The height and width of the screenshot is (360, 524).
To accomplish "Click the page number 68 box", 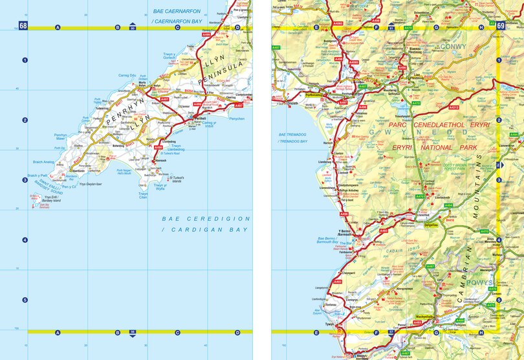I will click(x=23, y=26).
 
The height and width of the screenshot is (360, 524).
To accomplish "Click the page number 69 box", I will click(x=501, y=26).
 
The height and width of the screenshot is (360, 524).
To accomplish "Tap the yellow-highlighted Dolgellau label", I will click(x=430, y=225).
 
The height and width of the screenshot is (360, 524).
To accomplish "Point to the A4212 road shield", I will click(x=453, y=107).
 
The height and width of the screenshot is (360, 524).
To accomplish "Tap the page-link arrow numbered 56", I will click(x=133, y=332).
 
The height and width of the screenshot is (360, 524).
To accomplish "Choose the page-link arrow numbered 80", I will click(x=133, y=27).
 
